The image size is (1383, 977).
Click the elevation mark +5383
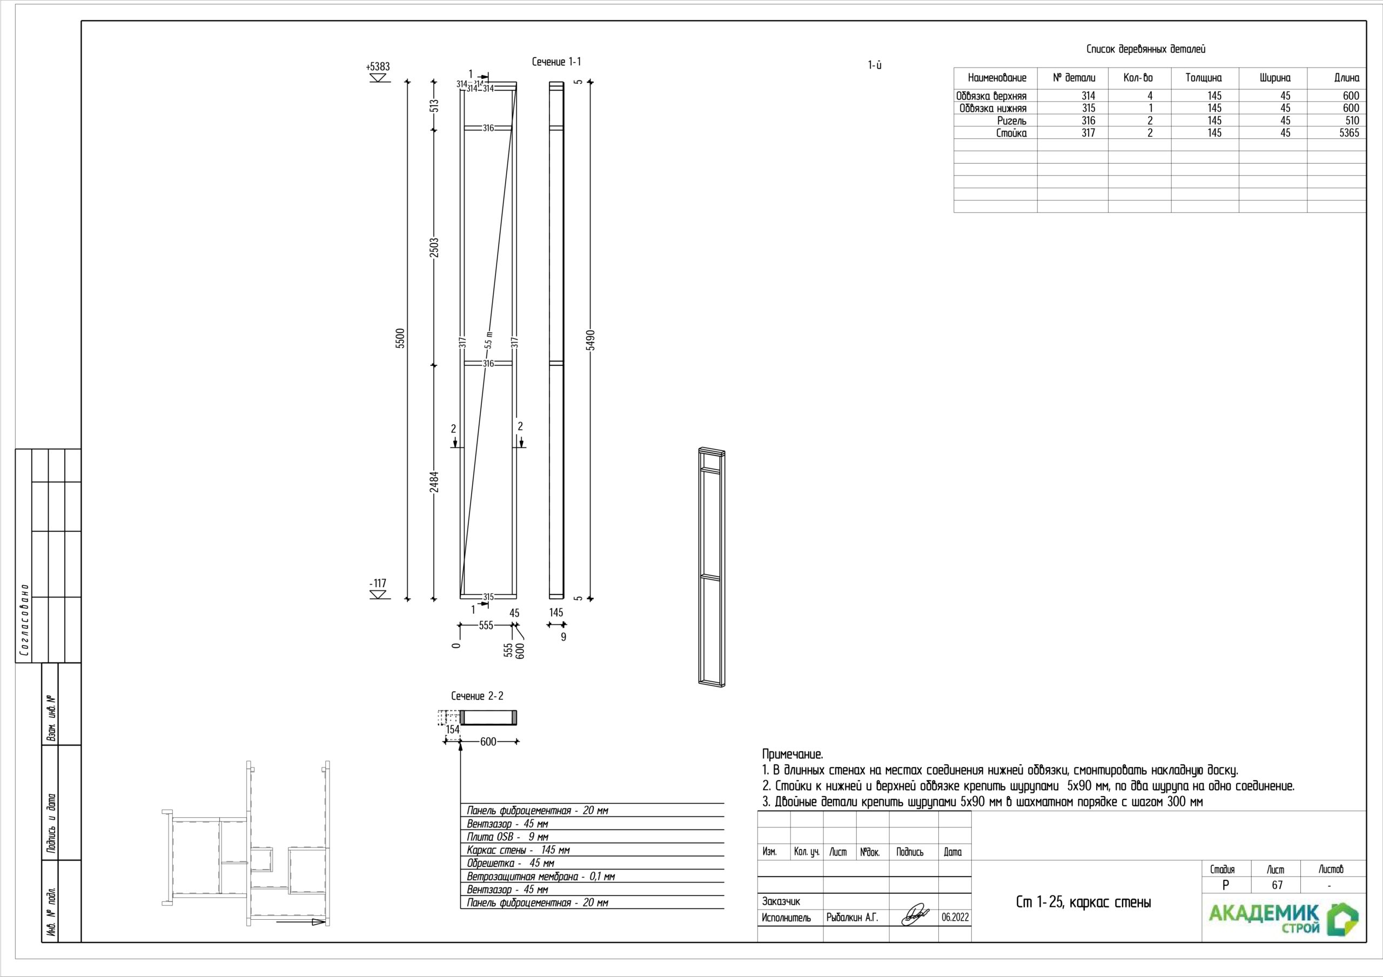[x=378, y=67]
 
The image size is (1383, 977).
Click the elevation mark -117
[x=378, y=584]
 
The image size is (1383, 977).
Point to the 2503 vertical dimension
[x=434, y=247]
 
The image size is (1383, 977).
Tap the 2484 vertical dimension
[x=434, y=481]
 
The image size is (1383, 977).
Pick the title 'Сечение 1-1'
[x=556, y=62]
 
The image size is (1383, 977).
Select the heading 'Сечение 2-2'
[x=477, y=696]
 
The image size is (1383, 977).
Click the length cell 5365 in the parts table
[x=1350, y=133]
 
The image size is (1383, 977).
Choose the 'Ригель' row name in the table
[x=1012, y=120]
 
